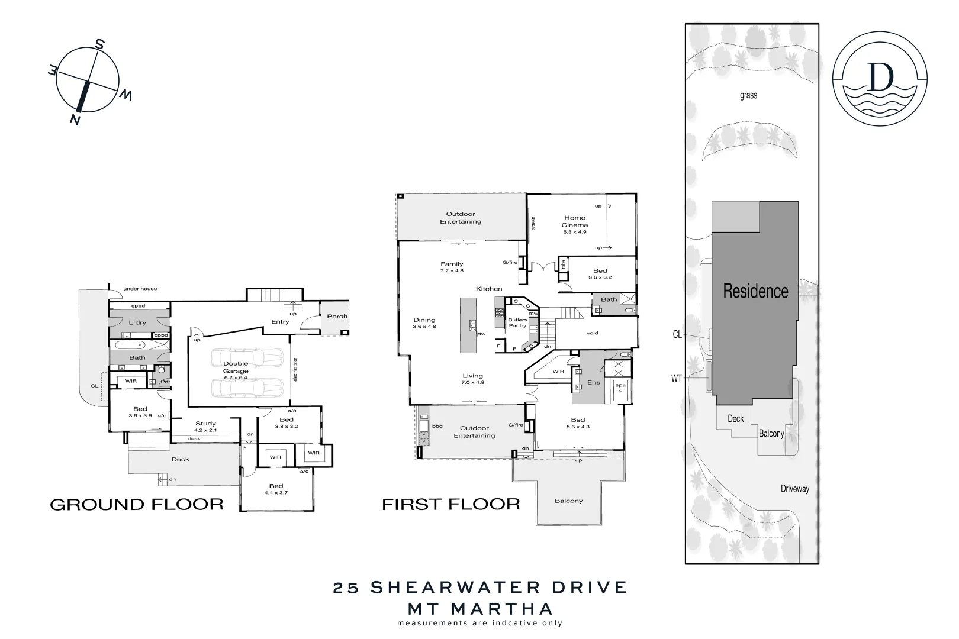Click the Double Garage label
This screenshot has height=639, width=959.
[236, 367]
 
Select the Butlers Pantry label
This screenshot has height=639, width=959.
[517, 323]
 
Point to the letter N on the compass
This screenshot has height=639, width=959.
[75, 120]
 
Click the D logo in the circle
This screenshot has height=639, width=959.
[880, 78]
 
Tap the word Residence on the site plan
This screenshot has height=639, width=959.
[755, 291]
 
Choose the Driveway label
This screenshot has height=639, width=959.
[794, 489]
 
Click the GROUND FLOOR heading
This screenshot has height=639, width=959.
[137, 505]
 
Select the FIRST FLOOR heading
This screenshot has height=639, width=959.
[451, 505]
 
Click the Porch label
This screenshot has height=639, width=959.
[337, 316]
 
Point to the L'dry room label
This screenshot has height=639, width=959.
[137, 322]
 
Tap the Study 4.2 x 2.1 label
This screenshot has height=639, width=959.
[206, 427]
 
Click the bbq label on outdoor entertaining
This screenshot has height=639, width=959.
[437, 426]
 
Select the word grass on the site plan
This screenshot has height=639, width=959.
[748, 95]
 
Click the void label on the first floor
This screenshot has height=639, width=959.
[593, 333]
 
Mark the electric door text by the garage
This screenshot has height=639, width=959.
[295, 367]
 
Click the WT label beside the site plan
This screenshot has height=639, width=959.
[677, 379]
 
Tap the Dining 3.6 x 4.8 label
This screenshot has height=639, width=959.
[424, 323]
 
